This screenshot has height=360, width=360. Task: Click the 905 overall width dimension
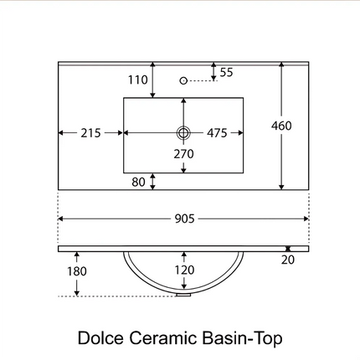tap(184, 219)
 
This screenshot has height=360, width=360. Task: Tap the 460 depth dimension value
tap(281, 126)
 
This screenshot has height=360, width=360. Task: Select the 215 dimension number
tap(90, 133)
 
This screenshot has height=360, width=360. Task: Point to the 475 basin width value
tap(217, 133)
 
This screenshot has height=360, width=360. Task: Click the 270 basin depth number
tap(183, 154)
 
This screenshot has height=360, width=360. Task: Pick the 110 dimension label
tap(138, 80)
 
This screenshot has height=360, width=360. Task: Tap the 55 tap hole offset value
tap(226, 72)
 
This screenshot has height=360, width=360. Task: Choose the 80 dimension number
tap(138, 182)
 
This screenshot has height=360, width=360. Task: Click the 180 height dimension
tap(77, 271)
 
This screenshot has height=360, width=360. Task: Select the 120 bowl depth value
tap(184, 270)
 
